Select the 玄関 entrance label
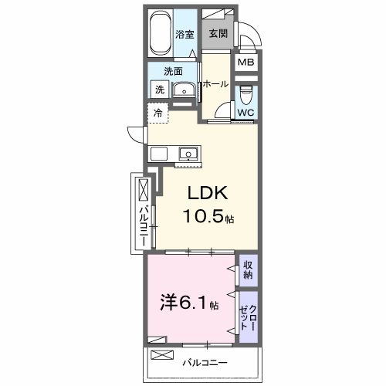218,34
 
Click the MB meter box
245,63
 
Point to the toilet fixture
245,96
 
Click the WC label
245,113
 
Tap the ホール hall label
215,83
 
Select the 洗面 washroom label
173,71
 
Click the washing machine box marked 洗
159,89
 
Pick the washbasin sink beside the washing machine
184,91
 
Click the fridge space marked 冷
157,113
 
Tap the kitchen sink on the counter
188,153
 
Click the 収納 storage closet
248,269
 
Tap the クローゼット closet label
247,314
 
